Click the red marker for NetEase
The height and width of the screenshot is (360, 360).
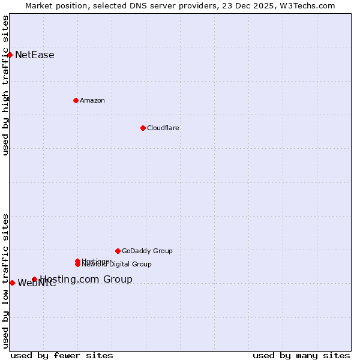point(10,55)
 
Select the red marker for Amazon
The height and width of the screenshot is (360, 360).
point(76,100)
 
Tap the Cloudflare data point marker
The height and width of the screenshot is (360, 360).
point(143,128)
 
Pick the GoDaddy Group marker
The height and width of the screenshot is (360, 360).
point(118,251)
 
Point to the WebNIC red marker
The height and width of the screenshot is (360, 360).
point(12,283)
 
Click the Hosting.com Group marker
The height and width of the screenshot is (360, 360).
point(34,279)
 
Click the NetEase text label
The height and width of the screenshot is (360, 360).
point(35,55)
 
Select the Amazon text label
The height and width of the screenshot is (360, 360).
point(92,100)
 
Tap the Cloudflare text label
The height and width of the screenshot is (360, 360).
point(163,128)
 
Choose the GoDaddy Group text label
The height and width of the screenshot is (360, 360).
point(147,251)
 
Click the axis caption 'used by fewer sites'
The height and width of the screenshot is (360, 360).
point(62,355)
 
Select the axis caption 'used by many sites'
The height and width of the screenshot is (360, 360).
point(301,355)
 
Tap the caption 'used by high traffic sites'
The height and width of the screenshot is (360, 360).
point(5,85)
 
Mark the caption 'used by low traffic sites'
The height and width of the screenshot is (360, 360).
point(5,280)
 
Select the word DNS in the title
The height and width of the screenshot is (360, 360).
point(136,5)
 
